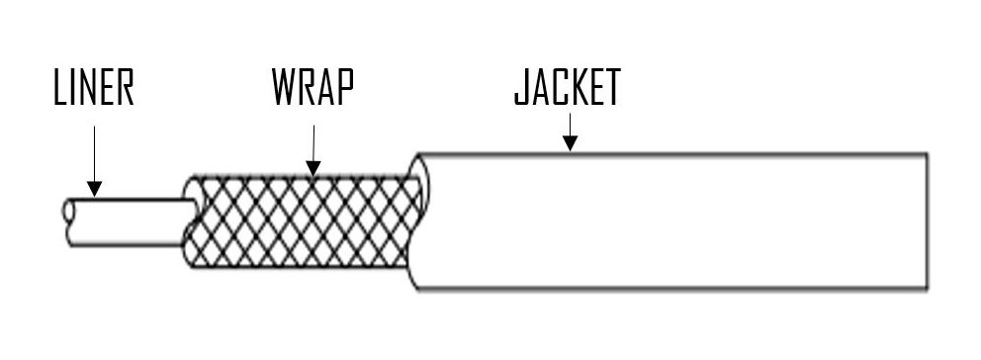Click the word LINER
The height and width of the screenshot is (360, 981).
(93, 89)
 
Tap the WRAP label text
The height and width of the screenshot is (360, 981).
(312, 88)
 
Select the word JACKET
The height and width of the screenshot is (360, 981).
(567, 88)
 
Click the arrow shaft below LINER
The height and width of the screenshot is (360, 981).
(94, 153)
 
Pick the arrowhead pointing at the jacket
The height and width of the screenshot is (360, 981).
(569, 144)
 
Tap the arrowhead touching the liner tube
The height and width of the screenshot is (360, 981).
(94, 189)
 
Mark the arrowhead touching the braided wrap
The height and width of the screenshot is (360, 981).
(312, 169)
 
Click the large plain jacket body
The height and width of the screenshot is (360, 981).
(672, 222)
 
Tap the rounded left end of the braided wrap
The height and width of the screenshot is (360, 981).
(191, 222)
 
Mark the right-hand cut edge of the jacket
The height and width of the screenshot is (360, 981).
(926, 222)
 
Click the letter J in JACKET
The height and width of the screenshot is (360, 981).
(520, 88)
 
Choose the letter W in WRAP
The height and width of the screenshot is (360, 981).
(281, 88)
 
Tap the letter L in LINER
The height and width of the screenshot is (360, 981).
(59, 89)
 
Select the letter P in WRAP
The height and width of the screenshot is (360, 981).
(343, 88)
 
